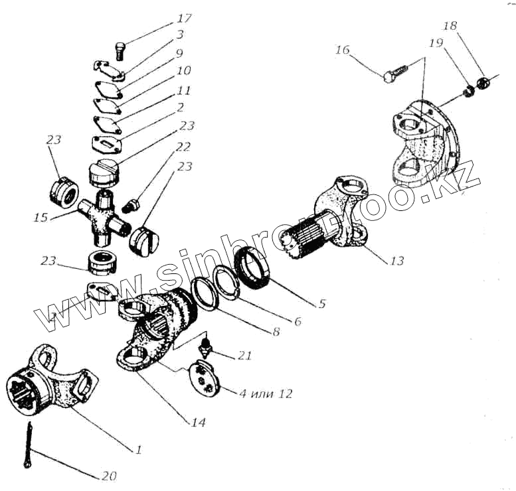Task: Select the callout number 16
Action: point(342,50)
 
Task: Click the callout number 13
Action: point(396,261)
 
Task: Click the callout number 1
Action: point(139,450)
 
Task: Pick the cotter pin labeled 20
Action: point(31,443)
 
